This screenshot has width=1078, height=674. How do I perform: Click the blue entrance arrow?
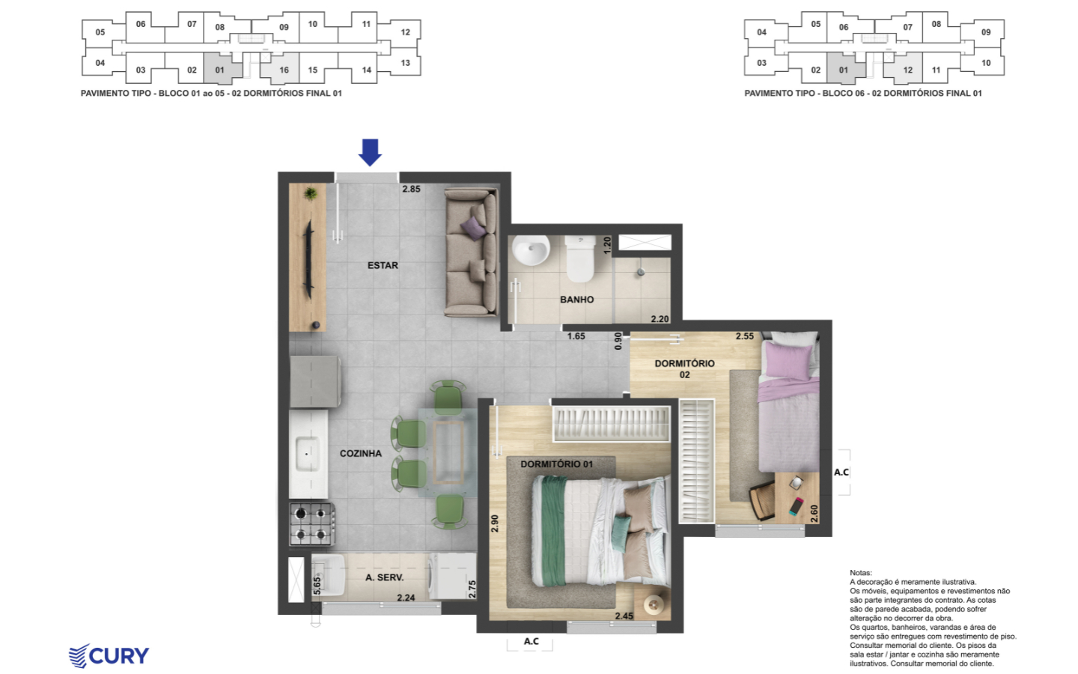point(370,152)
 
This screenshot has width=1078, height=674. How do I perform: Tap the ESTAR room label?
point(383,265)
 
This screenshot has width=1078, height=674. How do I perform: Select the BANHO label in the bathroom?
point(576,300)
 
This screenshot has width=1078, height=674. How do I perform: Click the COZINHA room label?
point(361,454)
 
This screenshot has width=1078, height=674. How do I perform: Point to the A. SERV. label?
point(384,577)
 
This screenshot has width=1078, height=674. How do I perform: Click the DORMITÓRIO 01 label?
point(556,464)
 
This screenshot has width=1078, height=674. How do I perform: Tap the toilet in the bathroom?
point(580,258)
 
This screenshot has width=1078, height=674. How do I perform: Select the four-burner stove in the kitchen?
point(311,524)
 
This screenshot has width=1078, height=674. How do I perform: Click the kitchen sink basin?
point(307,454)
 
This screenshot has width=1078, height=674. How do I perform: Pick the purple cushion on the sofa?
point(473,228)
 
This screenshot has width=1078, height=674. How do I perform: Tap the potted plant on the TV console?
point(311,194)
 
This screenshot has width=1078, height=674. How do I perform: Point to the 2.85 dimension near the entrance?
point(412,189)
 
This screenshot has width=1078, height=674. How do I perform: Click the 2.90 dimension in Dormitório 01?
point(495,523)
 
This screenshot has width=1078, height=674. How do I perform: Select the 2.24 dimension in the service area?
point(406,598)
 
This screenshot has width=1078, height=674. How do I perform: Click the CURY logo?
point(109,656)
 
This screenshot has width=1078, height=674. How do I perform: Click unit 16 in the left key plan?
point(280,67)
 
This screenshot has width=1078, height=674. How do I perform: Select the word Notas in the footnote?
point(860,573)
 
